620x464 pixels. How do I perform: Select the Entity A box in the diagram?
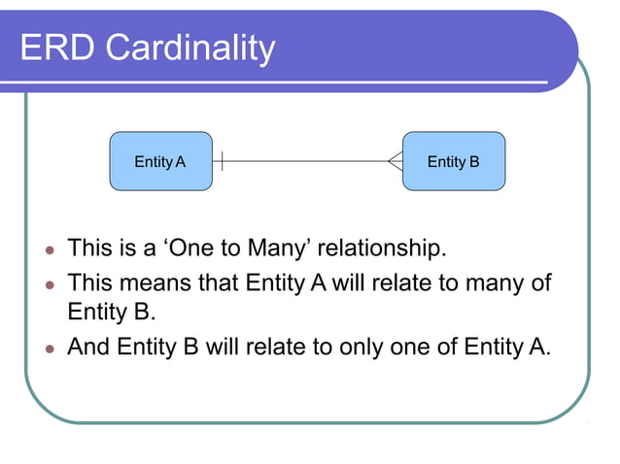click(160, 161)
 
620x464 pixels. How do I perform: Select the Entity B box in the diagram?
click(454, 161)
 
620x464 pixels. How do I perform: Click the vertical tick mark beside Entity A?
click(223, 161)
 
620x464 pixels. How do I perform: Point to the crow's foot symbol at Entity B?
click(395, 161)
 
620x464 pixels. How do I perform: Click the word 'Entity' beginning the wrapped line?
click(95, 314)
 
